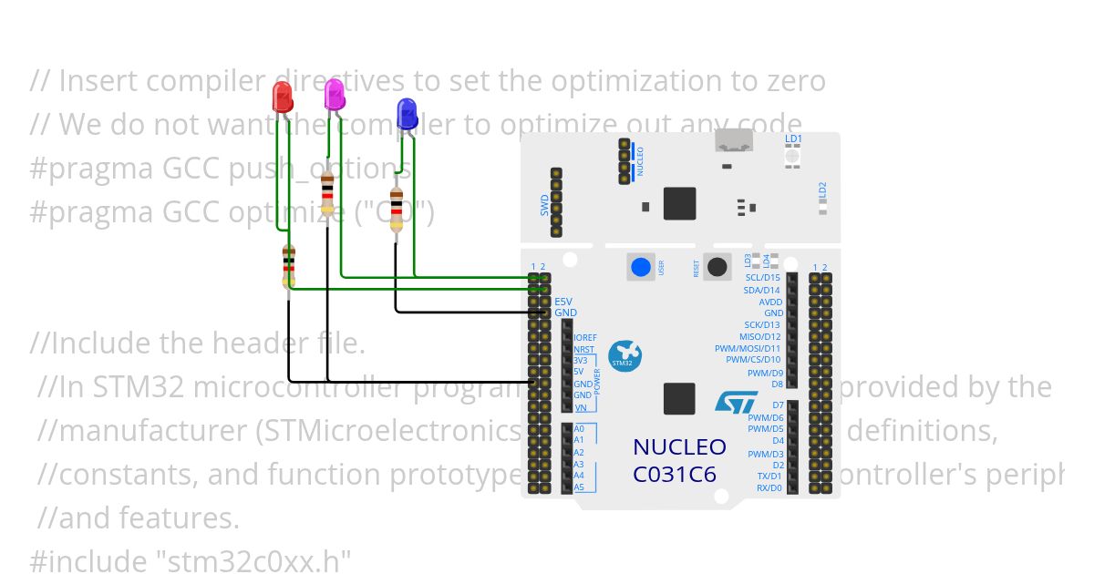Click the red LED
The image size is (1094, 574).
[283, 95]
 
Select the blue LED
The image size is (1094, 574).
[407, 114]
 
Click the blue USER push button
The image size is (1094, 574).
[641, 267]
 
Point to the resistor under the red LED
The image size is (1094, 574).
[289, 267]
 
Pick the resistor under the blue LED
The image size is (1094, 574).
[396, 210]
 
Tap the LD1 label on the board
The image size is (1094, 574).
[793, 139]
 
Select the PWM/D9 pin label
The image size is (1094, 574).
[765, 373]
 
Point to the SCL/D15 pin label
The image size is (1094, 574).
[762, 278]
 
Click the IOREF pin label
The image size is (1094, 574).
[585, 338]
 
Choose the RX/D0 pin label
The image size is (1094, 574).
[769, 487]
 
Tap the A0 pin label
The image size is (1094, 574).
[579, 428]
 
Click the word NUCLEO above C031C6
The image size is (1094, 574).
[679, 447]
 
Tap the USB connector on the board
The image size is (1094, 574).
[734, 140]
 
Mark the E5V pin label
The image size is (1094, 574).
[564, 302]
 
